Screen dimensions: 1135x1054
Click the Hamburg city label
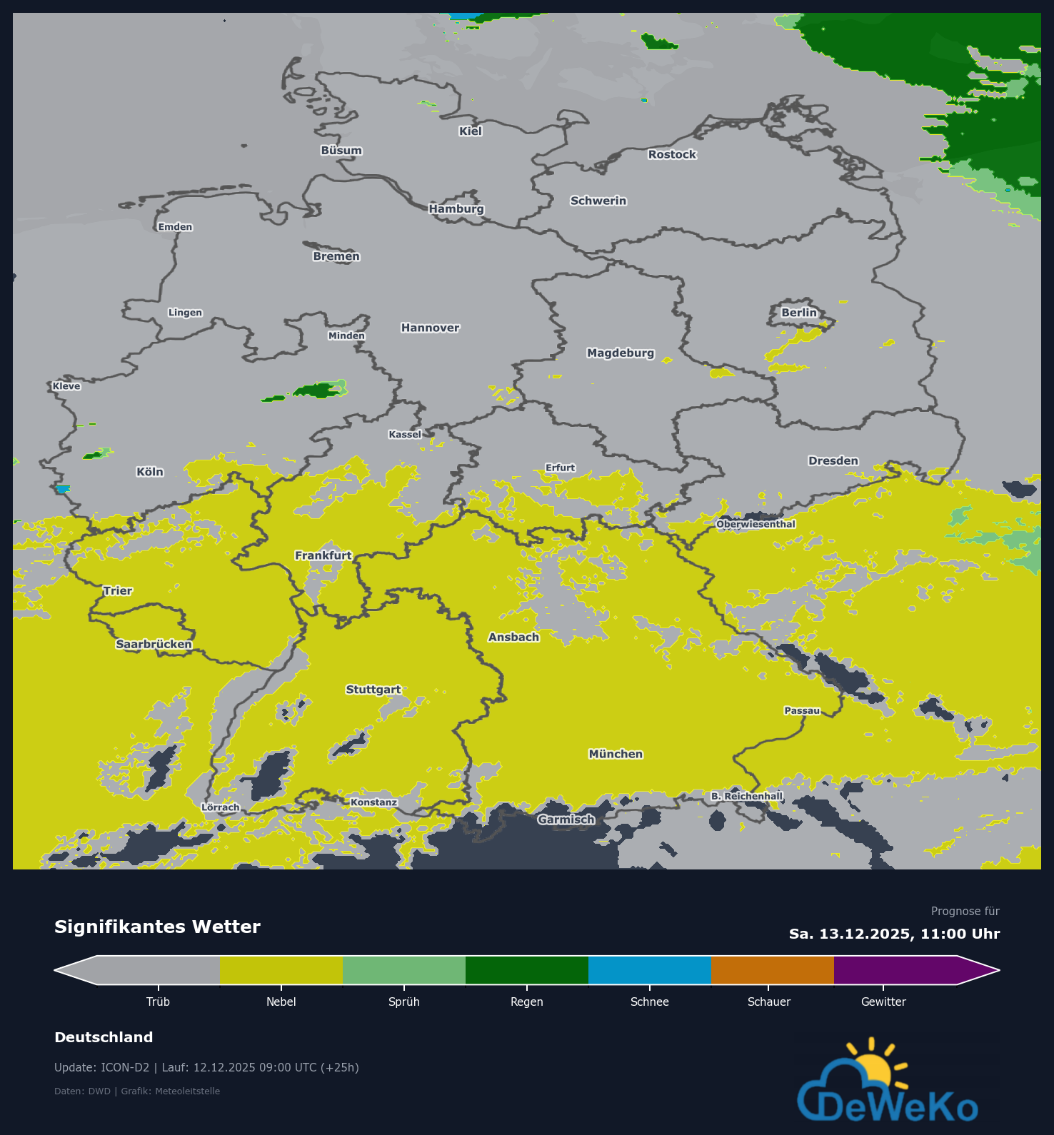click(x=456, y=208)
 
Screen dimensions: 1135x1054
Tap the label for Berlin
click(x=798, y=313)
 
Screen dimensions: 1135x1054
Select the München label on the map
click(x=616, y=754)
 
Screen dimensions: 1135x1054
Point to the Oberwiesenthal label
click(x=756, y=524)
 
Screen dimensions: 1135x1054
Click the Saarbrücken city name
click(x=154, y=644)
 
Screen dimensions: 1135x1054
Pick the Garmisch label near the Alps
click(x=566, y=819)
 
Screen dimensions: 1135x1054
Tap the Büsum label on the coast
click(x=341, y=151)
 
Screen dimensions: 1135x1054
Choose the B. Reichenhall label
click(x=747, y=796)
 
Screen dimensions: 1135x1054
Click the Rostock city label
click(x=672, y=154)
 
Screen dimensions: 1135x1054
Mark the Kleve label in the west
click(x=66, y=386)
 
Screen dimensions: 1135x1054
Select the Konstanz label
click(x=373, y=802)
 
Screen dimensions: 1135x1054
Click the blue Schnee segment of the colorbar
click(x=649, y=970)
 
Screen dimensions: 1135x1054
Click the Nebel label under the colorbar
click(x=281, y=1002)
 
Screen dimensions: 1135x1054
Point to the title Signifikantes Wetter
click(x=157, y=927)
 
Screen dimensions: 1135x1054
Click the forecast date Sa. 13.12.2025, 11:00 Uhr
click(x=894, y=934)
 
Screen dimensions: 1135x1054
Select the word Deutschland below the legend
click(x=104, y=1037)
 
